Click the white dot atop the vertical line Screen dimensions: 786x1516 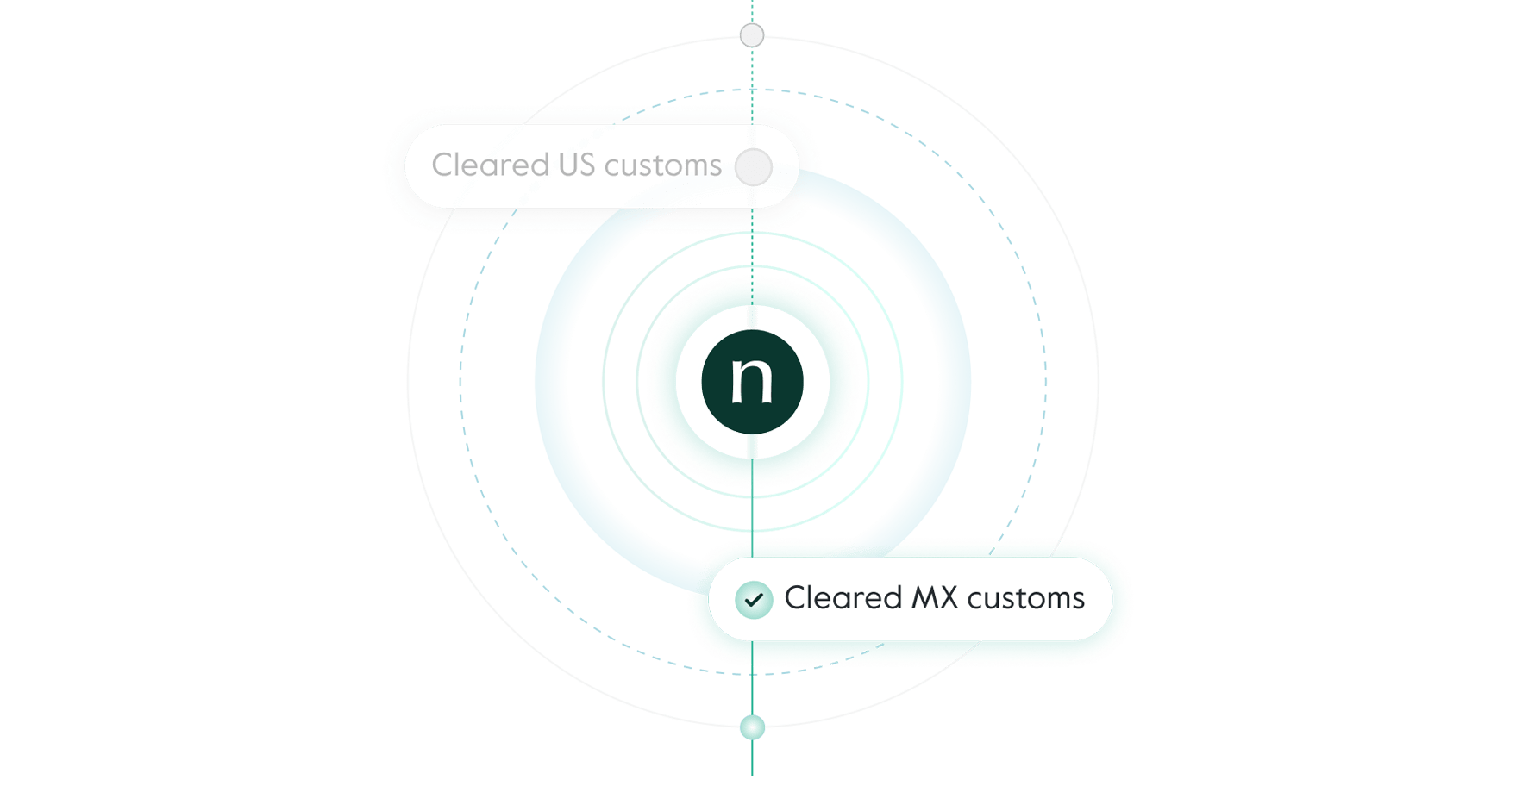753,35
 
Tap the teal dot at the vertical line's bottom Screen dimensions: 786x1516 753,728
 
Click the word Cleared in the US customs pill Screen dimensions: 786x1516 490,165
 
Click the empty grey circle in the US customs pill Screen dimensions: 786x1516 754,167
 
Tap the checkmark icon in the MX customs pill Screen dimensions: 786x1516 754,599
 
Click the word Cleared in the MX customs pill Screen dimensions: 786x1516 843,598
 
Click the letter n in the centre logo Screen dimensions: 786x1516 752,380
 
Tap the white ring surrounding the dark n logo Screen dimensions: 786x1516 689,382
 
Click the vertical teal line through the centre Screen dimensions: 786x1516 752,517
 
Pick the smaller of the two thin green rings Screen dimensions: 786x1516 868,380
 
